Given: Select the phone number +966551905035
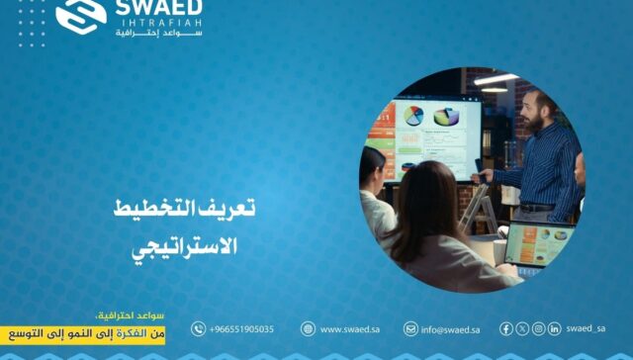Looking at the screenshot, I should [241, 329].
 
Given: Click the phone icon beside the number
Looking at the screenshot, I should [198, 329].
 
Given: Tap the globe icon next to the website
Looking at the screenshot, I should [308, 329].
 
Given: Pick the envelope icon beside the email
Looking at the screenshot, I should [410, 329].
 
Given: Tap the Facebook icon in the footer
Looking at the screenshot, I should [506, 328].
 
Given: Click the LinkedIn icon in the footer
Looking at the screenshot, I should [554, 328].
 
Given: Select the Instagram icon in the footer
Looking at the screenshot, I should [538, 328].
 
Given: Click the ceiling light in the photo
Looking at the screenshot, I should [495, 79].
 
